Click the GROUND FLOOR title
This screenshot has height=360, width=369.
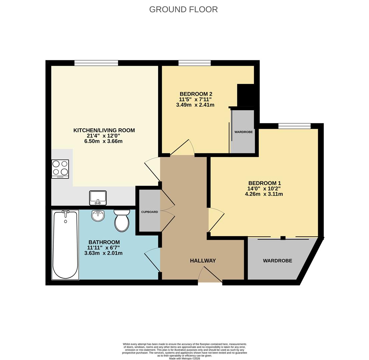click(183, 9)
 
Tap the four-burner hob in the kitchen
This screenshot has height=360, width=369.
click(60, 169)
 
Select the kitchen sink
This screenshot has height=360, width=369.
click(98, 198)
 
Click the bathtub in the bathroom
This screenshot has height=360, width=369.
click(65, 245)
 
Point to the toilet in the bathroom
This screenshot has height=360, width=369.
click(122, 221)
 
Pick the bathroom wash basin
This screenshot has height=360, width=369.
click(98, 216)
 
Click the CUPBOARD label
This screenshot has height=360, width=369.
click(149, 212)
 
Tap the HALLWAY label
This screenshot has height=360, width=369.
click(203, 261)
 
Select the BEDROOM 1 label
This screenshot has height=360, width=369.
click(265, 183)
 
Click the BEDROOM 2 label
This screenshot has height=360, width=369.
click(196, 94)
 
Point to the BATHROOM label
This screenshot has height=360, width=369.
click(104, 242)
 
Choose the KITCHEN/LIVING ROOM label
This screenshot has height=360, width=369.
click(104, 130)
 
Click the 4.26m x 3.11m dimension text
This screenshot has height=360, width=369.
click(264, 194)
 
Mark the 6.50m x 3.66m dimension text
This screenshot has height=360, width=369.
click(103, 141)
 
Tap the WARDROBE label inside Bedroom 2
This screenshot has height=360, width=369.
click(244, 132)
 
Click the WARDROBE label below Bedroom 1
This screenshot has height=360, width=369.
click(277, 261)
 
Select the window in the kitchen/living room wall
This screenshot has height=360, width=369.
click(96, 63)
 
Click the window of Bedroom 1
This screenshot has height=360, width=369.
click(294, 126)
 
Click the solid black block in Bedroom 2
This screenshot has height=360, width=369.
click(246, 95)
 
